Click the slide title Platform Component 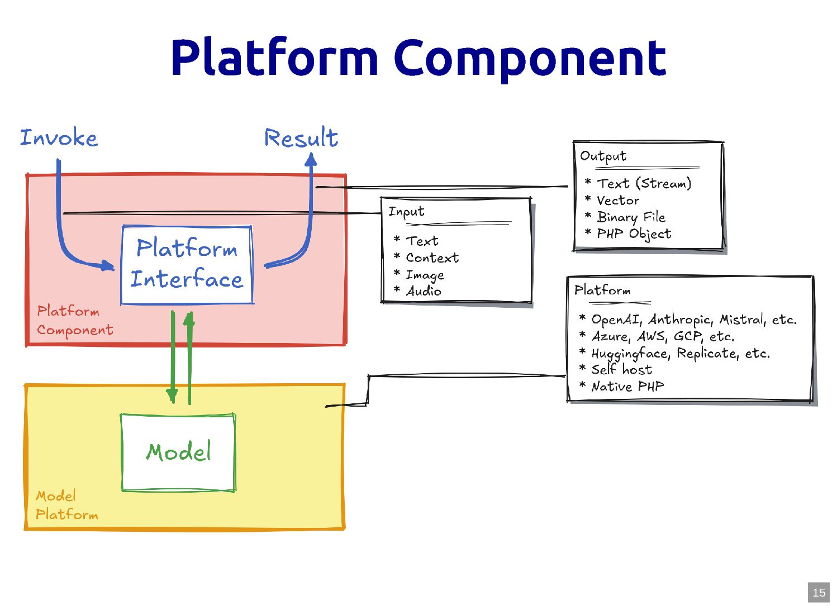coord(418,58)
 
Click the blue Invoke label coord(59,137)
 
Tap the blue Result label coord(301,138)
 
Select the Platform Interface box coord(187,264)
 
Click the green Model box coord(178,452)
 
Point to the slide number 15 coord(819,593)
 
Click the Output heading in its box coord(603,156)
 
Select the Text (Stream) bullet coord(644,183)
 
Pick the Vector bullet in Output coord(618,200)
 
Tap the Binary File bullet coord(631,217)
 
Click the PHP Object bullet coord(634,233)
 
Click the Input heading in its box coord(406,212)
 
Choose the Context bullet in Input coord(432,258)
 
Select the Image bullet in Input coord(425,275)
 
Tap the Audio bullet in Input coord(424,291)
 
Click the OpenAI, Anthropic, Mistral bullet coord(693,320)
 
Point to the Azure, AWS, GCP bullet coord(663,336)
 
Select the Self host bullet coord(621,369)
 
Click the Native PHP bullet coord(627,386)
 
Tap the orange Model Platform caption coord(66,505)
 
